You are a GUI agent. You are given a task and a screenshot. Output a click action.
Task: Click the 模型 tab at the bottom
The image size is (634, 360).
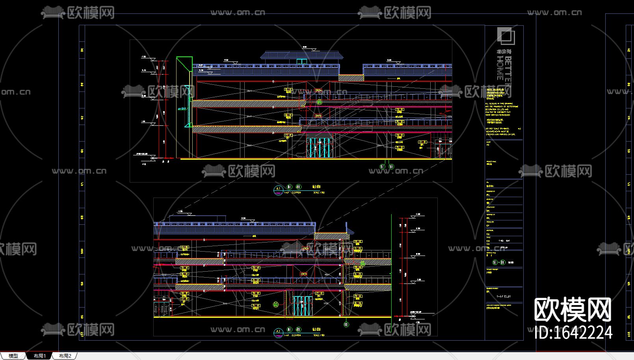coord(13,356)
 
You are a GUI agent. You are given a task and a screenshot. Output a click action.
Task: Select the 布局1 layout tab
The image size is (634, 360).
coord(39,356)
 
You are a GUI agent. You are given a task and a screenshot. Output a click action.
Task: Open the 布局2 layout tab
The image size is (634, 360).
coord(65,356)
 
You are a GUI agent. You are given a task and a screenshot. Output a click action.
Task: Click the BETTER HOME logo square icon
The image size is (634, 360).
coord(506,36)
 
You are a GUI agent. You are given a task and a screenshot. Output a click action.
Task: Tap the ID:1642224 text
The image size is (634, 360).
coord(573,333)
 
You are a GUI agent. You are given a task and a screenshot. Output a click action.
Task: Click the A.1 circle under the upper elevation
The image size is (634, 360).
coord(278,190)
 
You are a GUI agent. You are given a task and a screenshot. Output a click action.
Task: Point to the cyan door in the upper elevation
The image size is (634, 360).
coord(319,148)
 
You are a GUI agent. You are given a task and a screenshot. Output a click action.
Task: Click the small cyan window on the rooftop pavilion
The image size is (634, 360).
coord(302,62)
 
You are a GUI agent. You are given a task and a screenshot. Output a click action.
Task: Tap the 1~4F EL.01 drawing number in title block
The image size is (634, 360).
coord(503,297)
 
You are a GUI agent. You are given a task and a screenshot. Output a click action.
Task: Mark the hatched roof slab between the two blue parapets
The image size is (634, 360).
coord(351,78)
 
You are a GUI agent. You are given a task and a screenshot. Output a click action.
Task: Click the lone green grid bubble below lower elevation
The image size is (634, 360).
coord(346,325)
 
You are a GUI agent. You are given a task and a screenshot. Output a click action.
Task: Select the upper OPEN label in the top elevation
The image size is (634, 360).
coord(318,91)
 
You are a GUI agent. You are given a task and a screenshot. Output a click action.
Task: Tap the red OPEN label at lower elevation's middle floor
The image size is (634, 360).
coord(304,274)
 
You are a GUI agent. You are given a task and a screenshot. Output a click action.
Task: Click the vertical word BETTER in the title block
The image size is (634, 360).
coord(508,71)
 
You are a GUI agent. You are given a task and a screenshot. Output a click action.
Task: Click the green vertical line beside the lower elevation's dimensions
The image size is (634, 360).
coord(391,264)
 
